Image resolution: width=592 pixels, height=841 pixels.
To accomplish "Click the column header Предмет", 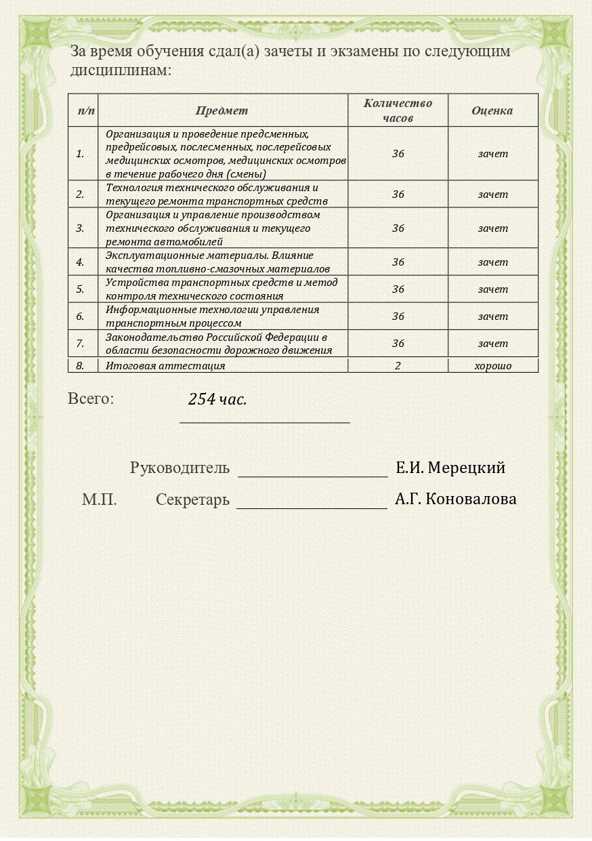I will pos(222,110).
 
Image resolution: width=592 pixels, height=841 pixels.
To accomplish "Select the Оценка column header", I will pos(492,110).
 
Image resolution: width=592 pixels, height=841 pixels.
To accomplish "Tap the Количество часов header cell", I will pos(398,110).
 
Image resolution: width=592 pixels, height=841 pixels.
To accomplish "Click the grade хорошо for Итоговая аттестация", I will pos(492,366).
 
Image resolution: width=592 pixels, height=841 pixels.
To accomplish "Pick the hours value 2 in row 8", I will pos(398,366).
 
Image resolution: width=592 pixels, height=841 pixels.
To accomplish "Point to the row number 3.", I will pos(80,228).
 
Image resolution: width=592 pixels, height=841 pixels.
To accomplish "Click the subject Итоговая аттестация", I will pos(165,366).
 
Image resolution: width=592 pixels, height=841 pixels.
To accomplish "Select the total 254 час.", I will pos(217,399).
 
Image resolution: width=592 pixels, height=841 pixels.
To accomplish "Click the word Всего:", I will pos(91,398).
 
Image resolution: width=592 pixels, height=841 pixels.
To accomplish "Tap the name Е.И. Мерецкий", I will pos(450,468).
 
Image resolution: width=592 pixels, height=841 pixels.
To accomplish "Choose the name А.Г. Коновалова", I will pos(455,499).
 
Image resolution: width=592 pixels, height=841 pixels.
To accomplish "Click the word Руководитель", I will pos(179,468).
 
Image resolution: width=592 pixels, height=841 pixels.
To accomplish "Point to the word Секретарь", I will pos(192,500).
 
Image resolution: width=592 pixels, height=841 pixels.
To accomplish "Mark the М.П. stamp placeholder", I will pos(100,500).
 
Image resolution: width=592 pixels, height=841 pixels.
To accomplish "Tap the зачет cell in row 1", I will pos(492,154).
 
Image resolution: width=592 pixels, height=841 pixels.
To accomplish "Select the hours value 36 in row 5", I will pos(398,289).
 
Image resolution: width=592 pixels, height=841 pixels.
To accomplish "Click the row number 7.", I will pos(80,344).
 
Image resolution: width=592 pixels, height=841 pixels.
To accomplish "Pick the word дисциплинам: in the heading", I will pos(121,70).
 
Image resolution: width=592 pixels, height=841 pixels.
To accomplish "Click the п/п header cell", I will pos(86,110).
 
